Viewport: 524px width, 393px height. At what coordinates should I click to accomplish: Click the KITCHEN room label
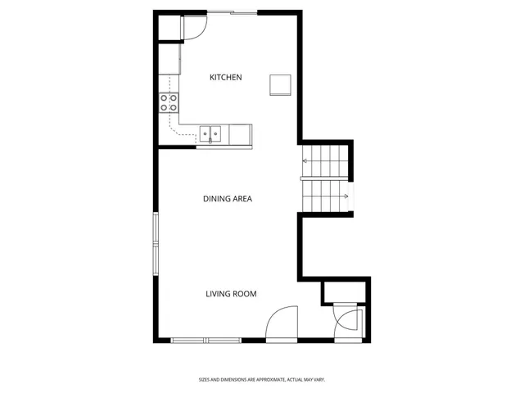coord(226,78)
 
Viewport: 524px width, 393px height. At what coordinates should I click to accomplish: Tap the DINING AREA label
coord(227,198)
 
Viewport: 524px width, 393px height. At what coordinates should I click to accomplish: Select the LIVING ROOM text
coord(231,293)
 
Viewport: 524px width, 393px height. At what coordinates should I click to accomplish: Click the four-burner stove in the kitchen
coord(169,102)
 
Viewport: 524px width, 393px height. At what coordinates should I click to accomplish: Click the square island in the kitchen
coord(281,84)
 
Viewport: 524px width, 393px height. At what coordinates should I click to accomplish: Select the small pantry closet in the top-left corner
coord(169,27)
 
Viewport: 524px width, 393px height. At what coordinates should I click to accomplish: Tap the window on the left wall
coord(156,242)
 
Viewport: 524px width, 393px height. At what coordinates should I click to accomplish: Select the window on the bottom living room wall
coord(207,340)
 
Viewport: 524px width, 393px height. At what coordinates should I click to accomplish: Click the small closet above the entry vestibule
coord(346,291)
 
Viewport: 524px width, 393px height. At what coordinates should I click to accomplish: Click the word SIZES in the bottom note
coord(204,379)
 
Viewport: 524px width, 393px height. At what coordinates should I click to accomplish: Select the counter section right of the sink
coord(240,133)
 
